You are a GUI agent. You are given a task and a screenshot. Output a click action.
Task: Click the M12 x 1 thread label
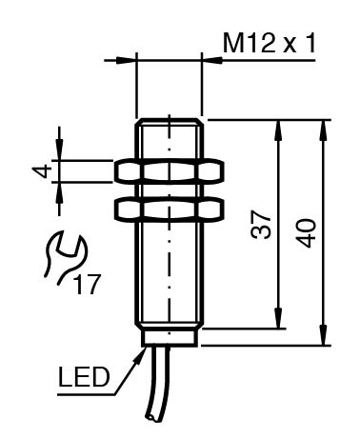(270, 44)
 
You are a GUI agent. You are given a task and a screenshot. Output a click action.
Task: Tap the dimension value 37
(261, 225)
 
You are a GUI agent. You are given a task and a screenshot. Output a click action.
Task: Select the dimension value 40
(307, 233)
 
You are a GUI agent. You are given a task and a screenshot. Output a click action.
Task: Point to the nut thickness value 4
(42, 171)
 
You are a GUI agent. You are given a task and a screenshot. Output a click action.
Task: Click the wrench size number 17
(87, 285)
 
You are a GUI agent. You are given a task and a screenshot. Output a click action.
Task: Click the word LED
(84, 377)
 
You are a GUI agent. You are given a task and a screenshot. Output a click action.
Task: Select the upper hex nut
(169, 171)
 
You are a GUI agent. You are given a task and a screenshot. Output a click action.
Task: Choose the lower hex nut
(169, 209)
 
